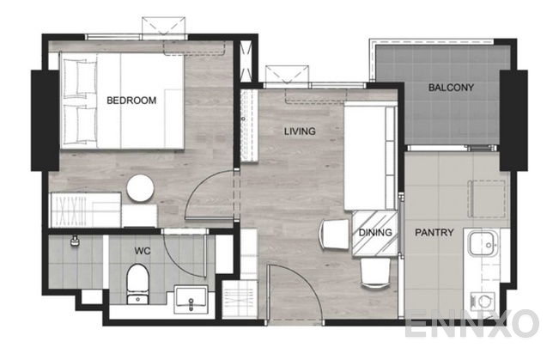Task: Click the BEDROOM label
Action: point(131,101)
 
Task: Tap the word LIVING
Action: point(300,131)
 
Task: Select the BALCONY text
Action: point(451,88)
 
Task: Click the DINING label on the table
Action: point(376,232)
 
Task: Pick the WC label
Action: point(143,252)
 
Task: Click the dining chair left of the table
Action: point(332,234)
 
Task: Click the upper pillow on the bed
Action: point(79,81)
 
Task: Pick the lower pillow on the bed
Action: point(79,122)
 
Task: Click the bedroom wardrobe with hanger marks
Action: point(86,209)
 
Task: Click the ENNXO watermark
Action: point(471,324)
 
